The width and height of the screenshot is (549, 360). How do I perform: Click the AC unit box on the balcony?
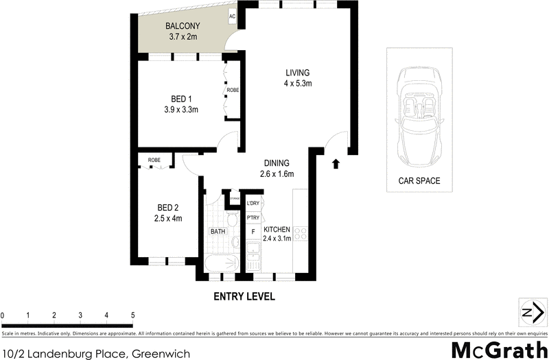tap(232, 16)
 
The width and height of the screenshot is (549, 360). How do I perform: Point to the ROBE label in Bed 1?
tap(233, 90)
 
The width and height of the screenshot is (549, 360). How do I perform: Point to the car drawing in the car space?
tap(419, 117)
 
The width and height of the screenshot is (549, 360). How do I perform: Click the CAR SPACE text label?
tap(419, 182)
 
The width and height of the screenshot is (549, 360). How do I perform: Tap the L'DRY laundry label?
tap(253, 204)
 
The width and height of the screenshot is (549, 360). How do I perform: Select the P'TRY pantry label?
tap(253, 217)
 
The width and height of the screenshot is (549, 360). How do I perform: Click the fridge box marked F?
tap(253, 232)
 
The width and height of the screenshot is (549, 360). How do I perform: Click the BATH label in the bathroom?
tap(218, 232)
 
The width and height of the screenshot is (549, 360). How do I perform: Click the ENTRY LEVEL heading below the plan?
tap(244, 297)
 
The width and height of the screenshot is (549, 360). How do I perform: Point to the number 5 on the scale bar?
tap(132, 315)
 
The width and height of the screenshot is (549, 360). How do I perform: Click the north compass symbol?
tap(528, 313)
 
